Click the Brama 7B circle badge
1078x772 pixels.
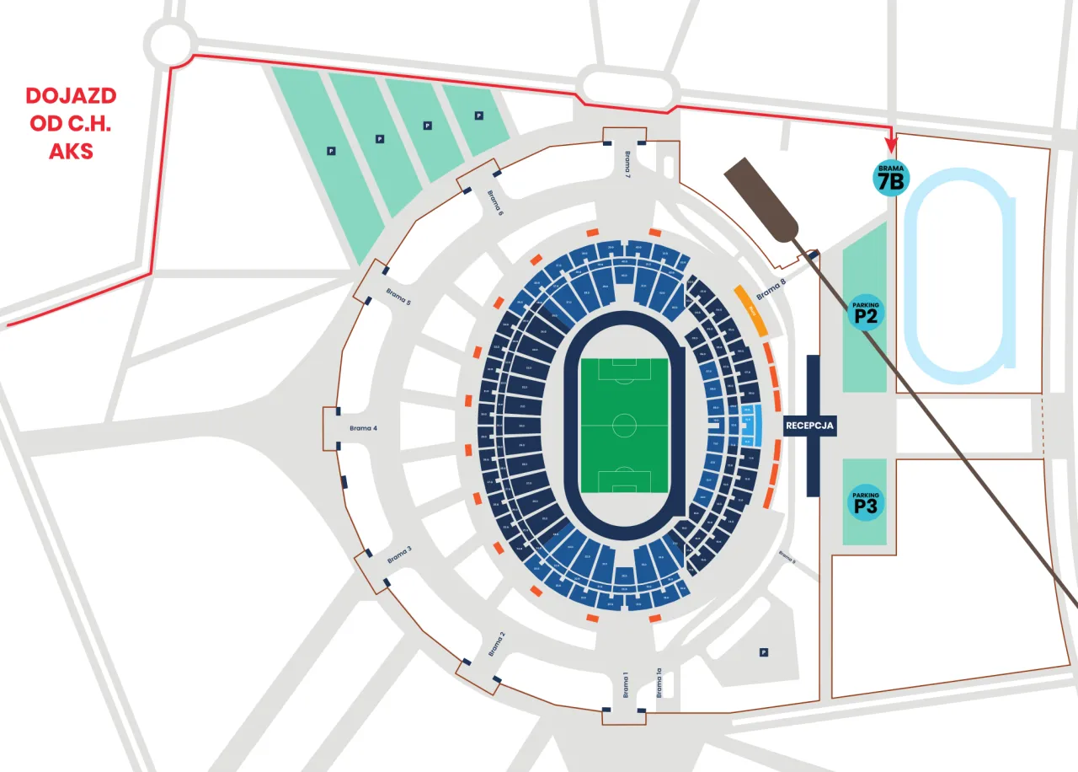(890, 177)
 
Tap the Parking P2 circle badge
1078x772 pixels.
(866, 312)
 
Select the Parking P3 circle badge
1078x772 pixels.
(866, 502)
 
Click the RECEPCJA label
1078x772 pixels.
(809, 426)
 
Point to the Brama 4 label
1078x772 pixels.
(363, 428)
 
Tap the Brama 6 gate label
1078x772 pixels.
(495, 201)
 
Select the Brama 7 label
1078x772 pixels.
(627, 163)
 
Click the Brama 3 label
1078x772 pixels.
(399, 554)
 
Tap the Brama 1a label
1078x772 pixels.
(660, 684)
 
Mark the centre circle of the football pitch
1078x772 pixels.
(624, 425)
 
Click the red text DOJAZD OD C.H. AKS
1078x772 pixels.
(71, 123)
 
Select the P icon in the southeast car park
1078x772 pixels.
(763, 651)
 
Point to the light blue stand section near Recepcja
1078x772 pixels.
(755, 426)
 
